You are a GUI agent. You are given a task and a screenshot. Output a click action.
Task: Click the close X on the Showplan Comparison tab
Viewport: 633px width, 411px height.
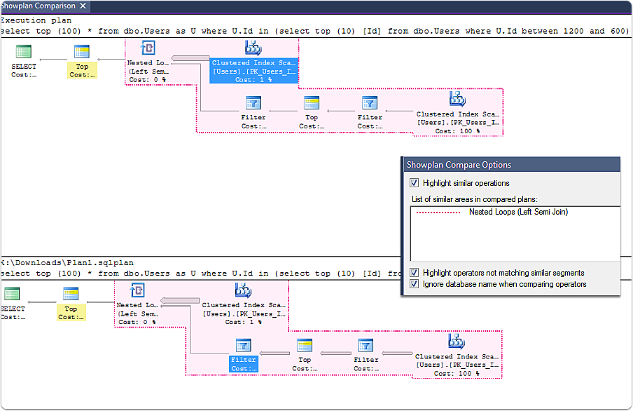coord(83,6)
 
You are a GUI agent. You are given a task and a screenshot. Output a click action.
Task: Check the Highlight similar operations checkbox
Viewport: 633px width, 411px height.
coord(415,183)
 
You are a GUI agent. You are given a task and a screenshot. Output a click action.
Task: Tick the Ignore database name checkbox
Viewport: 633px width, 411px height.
coord(415,284)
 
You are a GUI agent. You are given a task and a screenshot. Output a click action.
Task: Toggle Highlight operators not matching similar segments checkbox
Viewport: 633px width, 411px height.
coord(415,273)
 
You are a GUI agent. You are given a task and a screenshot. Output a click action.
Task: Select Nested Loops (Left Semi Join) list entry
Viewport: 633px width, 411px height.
coord(518,212)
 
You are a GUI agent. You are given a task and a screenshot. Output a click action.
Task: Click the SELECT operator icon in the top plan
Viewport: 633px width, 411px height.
coord(24,52)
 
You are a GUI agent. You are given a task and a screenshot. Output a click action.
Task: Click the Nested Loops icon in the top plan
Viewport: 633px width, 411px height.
coord(148,48)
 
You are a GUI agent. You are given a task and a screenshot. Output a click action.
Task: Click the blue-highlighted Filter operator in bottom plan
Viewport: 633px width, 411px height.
coord(243,355)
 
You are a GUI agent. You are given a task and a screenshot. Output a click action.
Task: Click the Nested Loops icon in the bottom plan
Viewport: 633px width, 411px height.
coord(137,290)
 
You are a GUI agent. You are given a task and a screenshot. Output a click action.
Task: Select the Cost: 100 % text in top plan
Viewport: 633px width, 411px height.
coord(457,131)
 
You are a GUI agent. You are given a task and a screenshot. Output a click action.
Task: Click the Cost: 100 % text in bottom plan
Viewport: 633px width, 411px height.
coord(457,374)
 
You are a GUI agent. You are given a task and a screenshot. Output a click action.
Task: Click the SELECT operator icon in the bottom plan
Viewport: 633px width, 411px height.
coord(11,294)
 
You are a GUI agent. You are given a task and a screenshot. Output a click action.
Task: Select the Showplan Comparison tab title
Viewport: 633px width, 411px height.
coord(38,6)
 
